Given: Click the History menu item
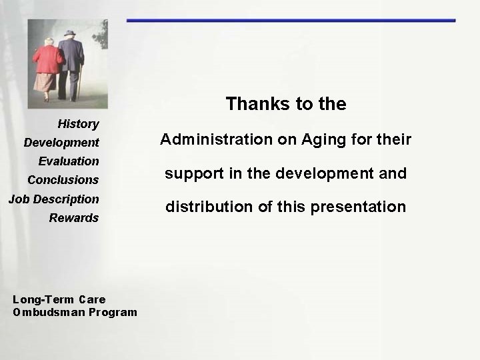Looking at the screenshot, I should (x=78, y=124).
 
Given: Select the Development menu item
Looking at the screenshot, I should (x=61, y=143).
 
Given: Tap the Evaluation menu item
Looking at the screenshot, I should (x=69, y=161).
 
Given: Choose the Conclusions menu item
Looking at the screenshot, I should (x=63, y=180).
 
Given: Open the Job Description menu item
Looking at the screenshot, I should (x=53, y=199).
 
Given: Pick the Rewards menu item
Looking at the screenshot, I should (x=73, y=218).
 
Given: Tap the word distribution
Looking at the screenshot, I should (x=203, y=207).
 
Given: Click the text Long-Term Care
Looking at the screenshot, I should (x=59, y=299).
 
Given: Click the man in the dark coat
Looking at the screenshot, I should (x=71, y=57).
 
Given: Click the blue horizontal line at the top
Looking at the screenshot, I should (x=291, y=21).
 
